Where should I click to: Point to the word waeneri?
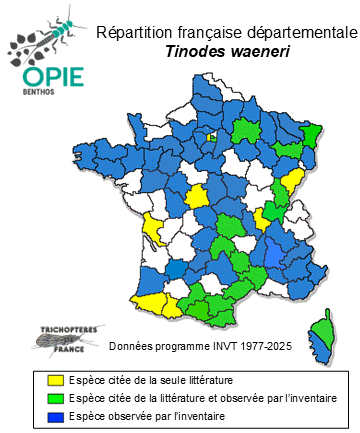pos(255,51)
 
